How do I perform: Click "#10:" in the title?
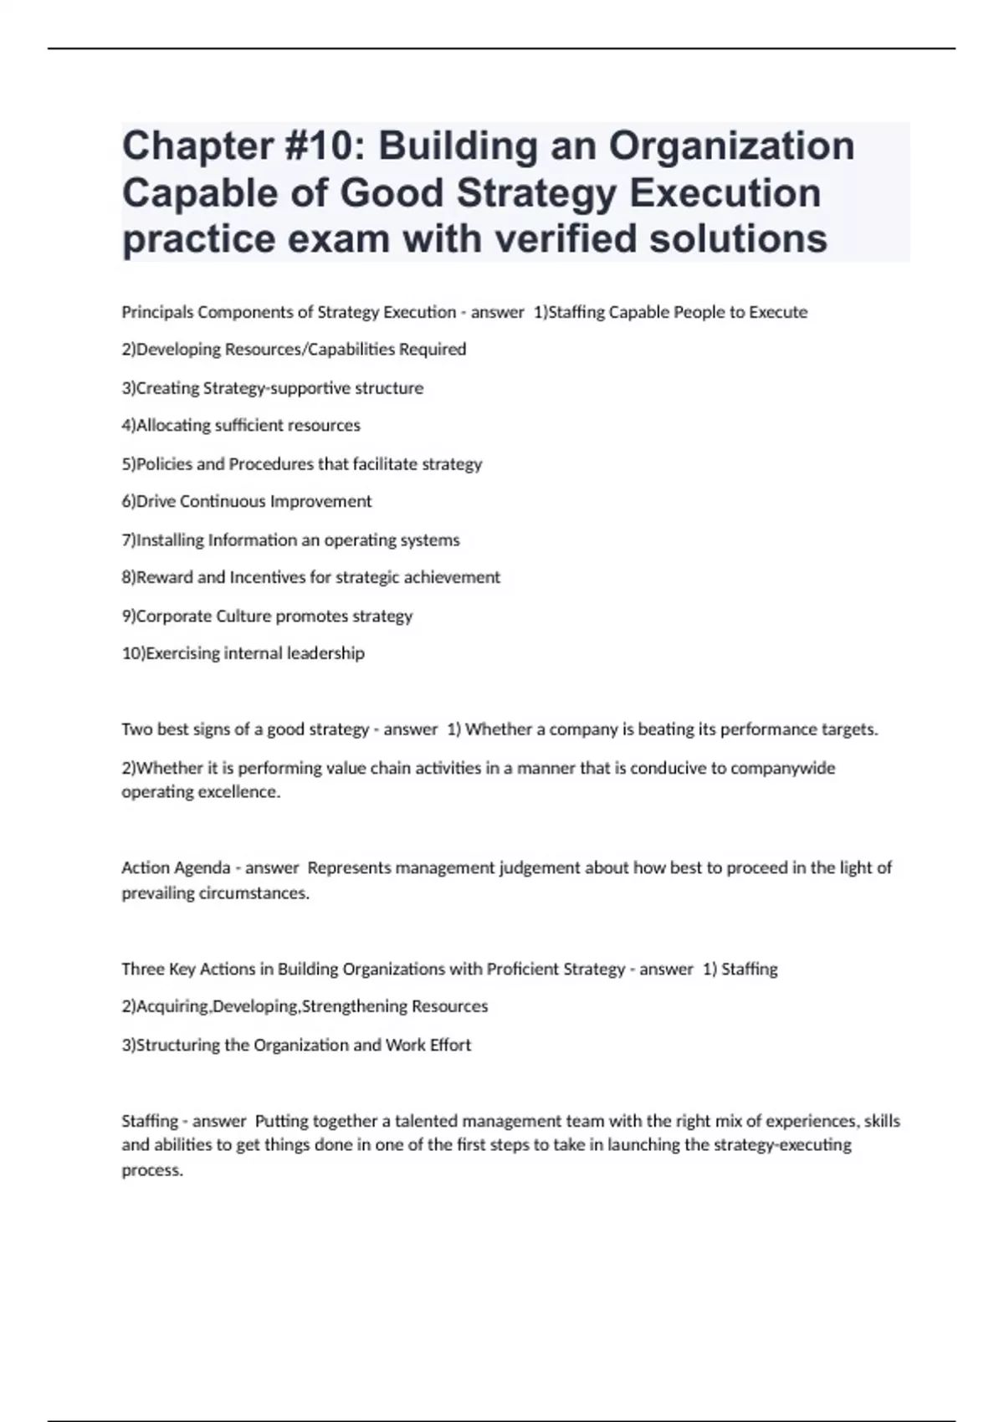[x=322, y=146]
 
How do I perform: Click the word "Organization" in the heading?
[x=731, y=146]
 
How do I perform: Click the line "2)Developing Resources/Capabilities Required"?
[x=294, y=350]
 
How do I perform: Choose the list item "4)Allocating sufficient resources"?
[x=241, y=426]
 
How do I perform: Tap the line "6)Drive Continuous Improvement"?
[x=247, y=502]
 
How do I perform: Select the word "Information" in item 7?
[x=252, y=540]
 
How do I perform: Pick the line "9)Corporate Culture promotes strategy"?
[x=267, y=616]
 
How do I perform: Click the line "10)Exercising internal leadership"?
[x=243, y=653]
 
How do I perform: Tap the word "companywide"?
[x=782, y=768]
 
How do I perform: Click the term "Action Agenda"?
[x=176, y=868]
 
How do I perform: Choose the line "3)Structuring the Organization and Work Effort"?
[x=296, y=1046]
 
